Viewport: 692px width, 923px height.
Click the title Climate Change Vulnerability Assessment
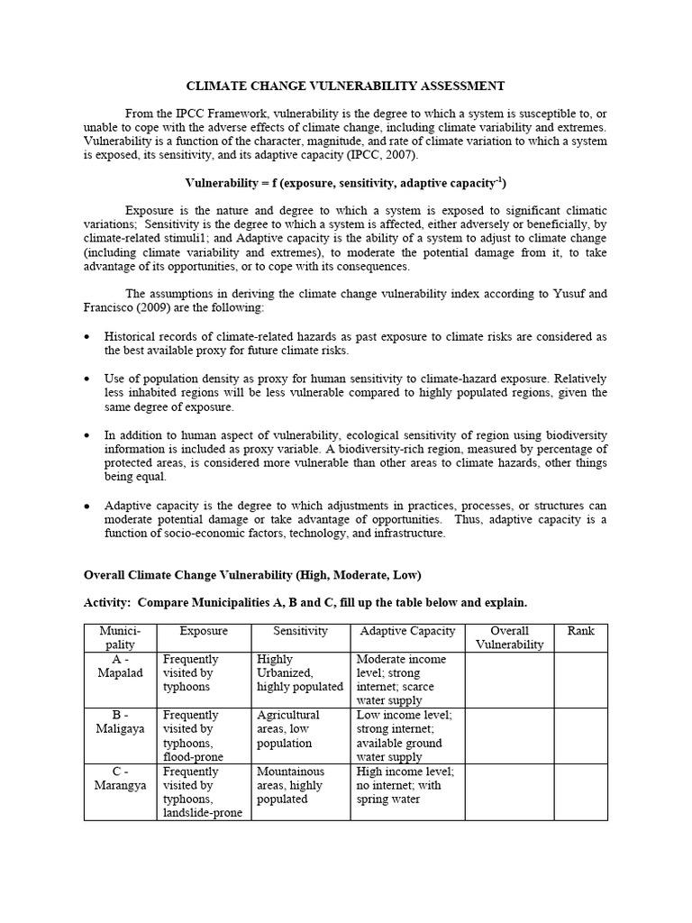(345, 86)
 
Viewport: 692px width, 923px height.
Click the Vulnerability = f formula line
(345, 182)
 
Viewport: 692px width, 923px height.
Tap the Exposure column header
(203, 631)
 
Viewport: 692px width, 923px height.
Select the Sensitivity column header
(300, 631)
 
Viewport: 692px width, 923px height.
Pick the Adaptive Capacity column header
(407, 631)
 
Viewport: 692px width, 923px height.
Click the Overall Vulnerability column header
(509, 637)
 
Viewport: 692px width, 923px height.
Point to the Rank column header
(580, 631)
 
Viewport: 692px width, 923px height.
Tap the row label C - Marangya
(121, 778)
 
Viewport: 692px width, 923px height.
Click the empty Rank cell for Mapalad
(580, 679)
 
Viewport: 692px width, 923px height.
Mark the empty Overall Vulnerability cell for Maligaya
(509, 735)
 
